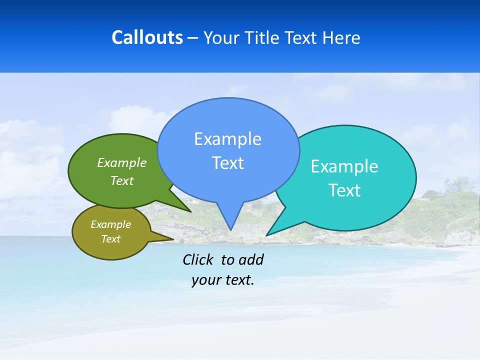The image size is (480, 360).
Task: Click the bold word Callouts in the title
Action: [147, 38]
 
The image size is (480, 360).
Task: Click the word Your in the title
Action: [222, 38]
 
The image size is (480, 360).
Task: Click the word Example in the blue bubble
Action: [227, 139]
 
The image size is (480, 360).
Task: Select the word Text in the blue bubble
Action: [227, 163]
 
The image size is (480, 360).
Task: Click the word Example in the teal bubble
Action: [344, 166]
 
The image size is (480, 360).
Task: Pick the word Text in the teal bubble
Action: [344, 190]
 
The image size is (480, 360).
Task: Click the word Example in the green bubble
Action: [122, 163]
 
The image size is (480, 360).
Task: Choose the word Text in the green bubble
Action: [122, 180]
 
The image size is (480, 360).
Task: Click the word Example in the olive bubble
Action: [110, 224]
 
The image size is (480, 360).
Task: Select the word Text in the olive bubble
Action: [110, 239]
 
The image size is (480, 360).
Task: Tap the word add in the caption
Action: [250, 259]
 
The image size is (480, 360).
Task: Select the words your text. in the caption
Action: [223, 280]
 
